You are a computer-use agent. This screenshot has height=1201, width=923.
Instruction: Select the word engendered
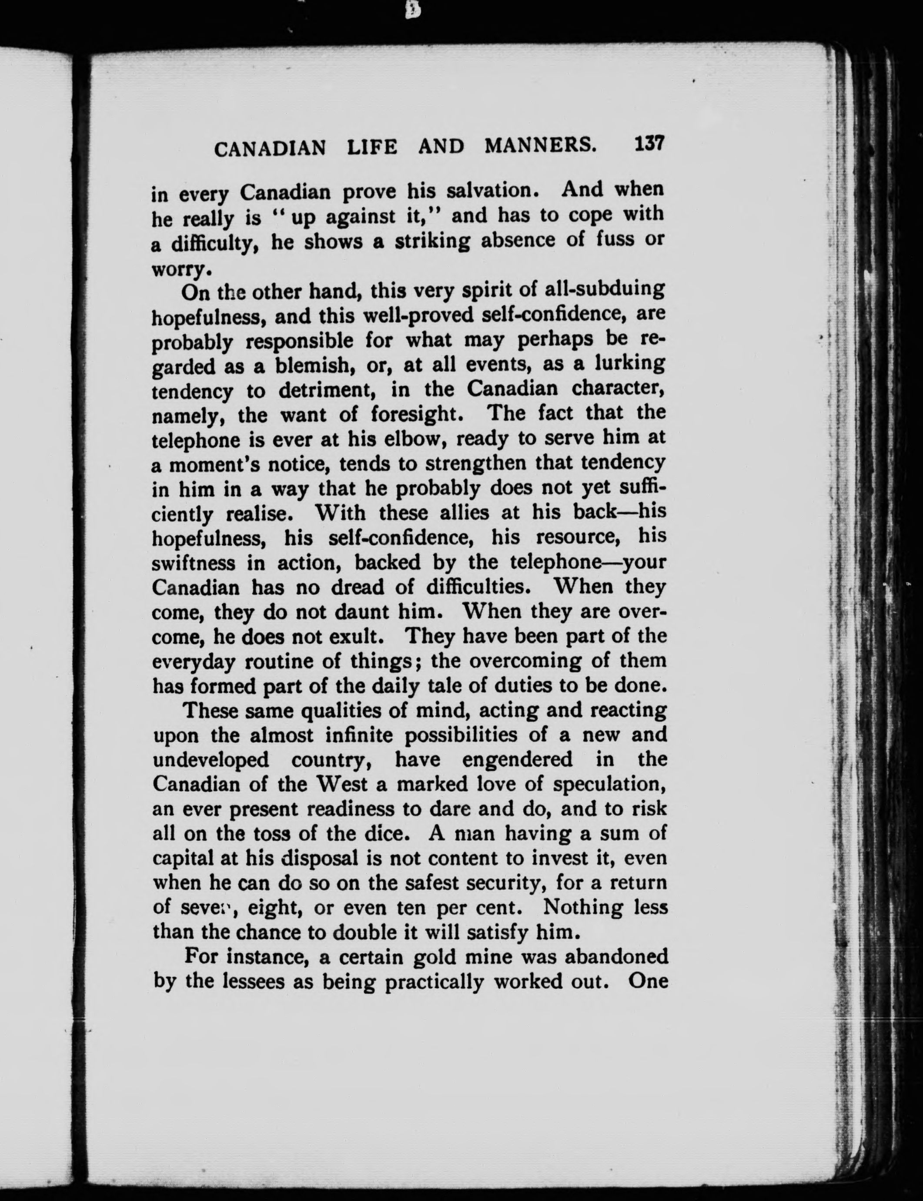point(516,760)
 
